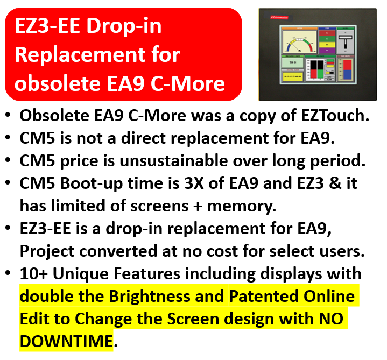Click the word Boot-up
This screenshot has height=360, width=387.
point(88,182)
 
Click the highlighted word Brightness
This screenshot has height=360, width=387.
point(162,297)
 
